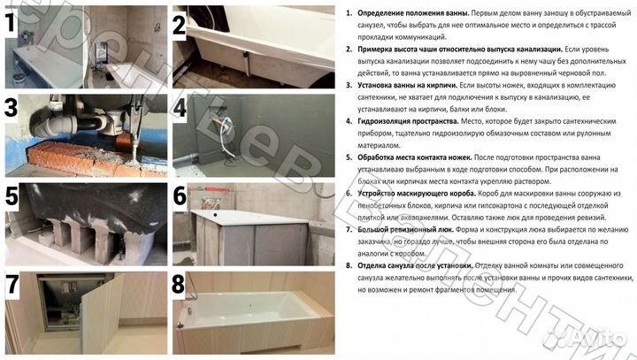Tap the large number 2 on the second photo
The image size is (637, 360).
[180, 25]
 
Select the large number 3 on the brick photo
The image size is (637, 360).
[12, 109]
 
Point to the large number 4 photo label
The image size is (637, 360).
[181, 109]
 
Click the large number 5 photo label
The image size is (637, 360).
[12, 195]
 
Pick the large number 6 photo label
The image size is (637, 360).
[181, 195]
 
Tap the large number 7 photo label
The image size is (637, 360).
[12, 286]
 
